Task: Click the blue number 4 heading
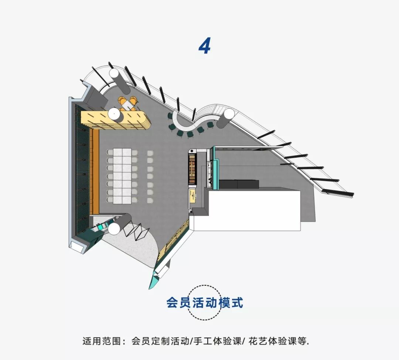pyautogui.click(x=205, y=47)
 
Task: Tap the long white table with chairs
pyautogui.click(x=122, y=175)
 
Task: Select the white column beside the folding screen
pyautogui.click(x=115, y=229)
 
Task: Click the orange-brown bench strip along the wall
pyautogui.click(x=95, y=172)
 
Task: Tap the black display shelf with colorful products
pyautogui.click(x=193, y=169)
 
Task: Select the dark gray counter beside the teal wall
pyautogui.click(x=239, y=184)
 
